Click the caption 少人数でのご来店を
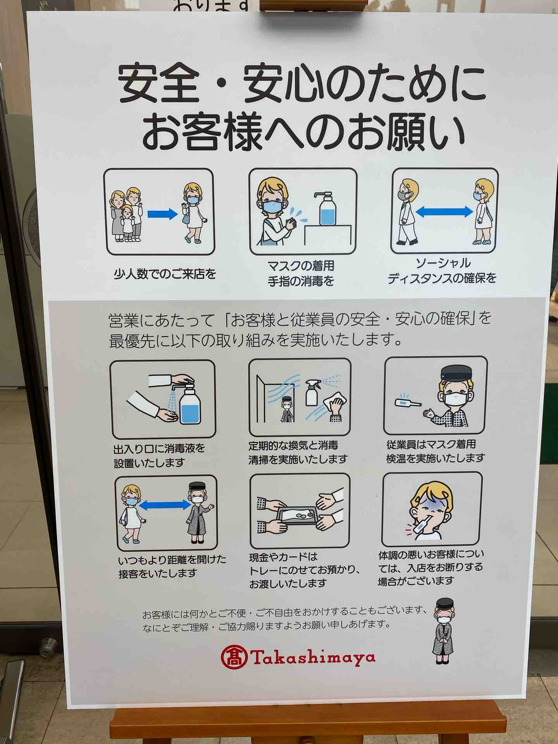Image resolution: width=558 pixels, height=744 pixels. [x=165, y=275]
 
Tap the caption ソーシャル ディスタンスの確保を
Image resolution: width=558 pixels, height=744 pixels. [x=443, y=270]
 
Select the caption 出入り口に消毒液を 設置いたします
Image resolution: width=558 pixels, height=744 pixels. [x=159, y=456]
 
